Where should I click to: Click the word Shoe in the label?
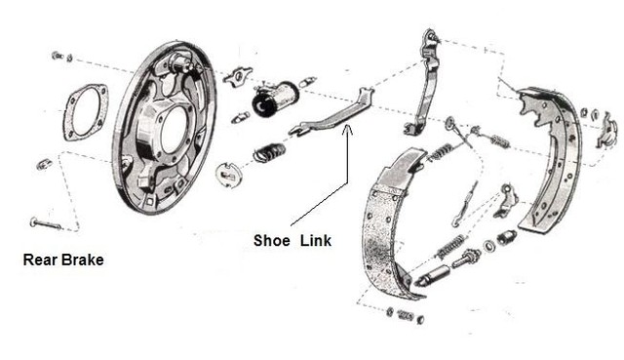pyautogui.click(x=271, y=240)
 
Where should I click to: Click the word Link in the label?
pyautogui.click(x=316, y=240)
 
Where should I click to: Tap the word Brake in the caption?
pyautogui.click(x=83, y=260)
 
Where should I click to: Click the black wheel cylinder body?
pyautogui.click(x=275, y=100)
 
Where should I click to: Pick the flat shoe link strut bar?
pyautogui.click(x=331, y=113)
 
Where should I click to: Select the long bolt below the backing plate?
pyautogui.click(x=46, y=223)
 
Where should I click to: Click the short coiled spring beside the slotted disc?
pyautogui.click(x=269, y=152)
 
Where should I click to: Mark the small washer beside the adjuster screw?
pyautogui.click(x=488, y=246)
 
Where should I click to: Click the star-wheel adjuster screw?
pyautogui.click(x=466, y=258)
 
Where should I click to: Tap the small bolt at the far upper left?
pyautogui.click(x=58, y=56)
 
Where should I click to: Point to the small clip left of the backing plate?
pyautogui.click(x=44, y=164)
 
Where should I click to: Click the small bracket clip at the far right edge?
pyautogui.click(x=605, y=131)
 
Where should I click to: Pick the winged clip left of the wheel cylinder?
pyautogui.click(x=238, y=77)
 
